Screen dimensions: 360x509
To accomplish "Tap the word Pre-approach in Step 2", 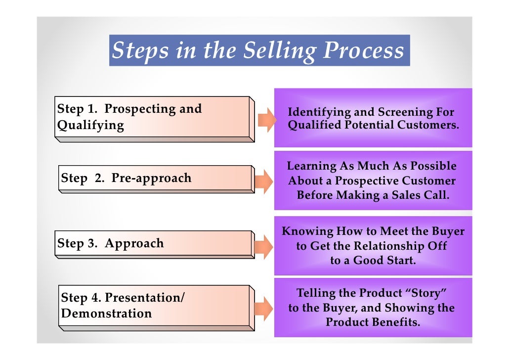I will coord(151,178).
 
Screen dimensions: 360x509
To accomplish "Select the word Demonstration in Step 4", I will coord(106,314).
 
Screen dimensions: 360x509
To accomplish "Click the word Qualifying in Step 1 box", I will coord(90,125).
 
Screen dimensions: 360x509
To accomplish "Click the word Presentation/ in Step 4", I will coord(145,298).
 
